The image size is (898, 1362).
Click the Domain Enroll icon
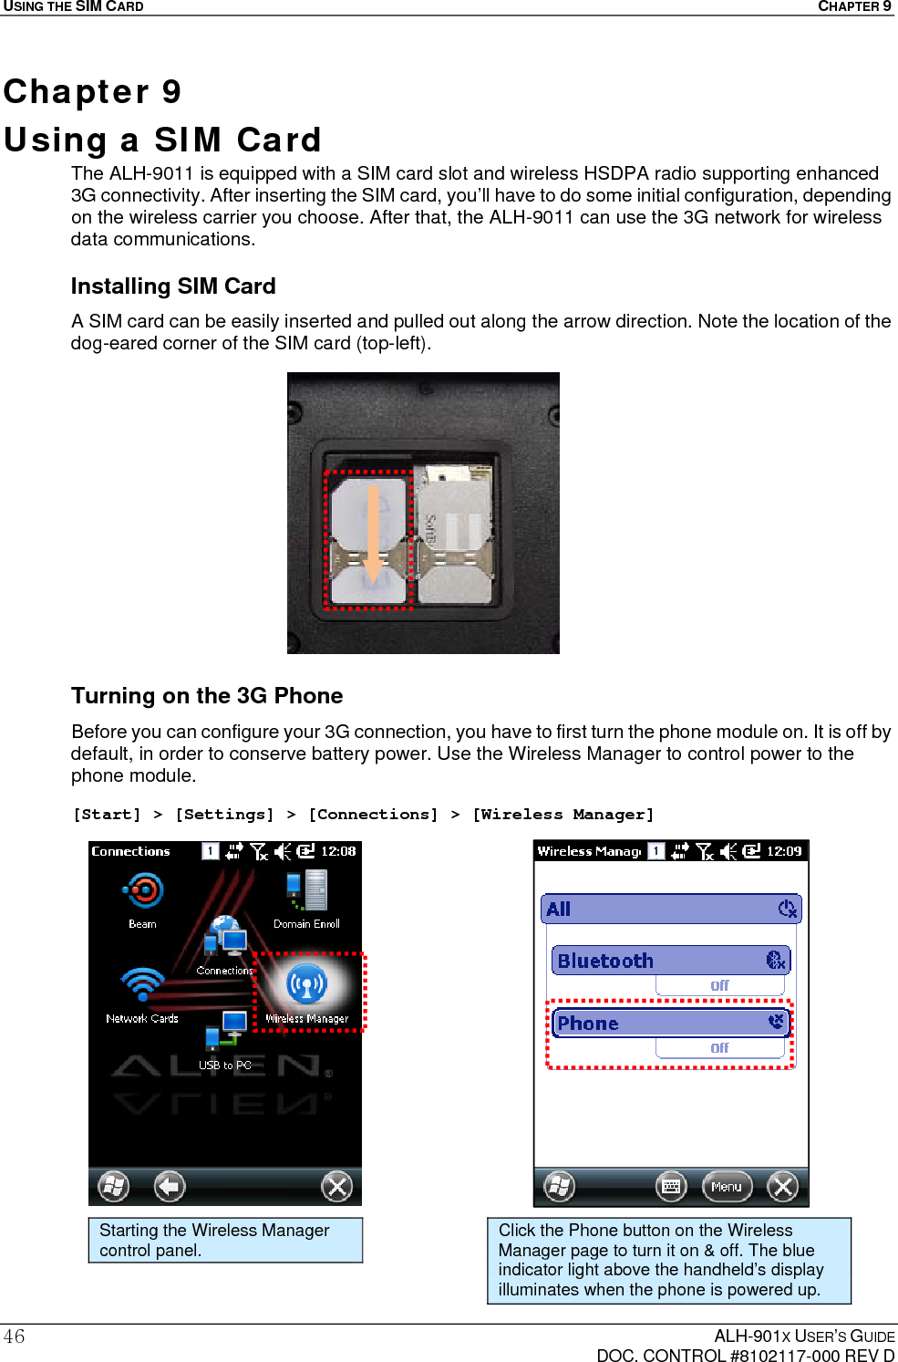click(x=307, y=891)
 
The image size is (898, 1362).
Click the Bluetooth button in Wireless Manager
click(x=670, y=961)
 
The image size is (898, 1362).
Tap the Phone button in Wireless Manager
click(x=670, y=1024)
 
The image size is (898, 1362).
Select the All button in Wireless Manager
click(x=670, y=909)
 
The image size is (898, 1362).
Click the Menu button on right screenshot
click(x=727, y=1187)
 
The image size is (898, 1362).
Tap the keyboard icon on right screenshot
click(x=671, y=1187)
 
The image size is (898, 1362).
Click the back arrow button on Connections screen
click(x=169, y=1186)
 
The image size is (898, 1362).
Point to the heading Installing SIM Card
click(x=173, y=286)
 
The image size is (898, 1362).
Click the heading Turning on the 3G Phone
click(x=207, y=696)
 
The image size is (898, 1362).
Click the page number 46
click(x=15, y=1336)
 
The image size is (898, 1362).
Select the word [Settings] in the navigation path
click(x=224, y=815)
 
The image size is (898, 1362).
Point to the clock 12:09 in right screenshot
click(x=783, y=851)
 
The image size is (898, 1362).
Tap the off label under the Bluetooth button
click(x=719, y=985)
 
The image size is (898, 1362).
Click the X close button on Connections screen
click(x=336, y=1186)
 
